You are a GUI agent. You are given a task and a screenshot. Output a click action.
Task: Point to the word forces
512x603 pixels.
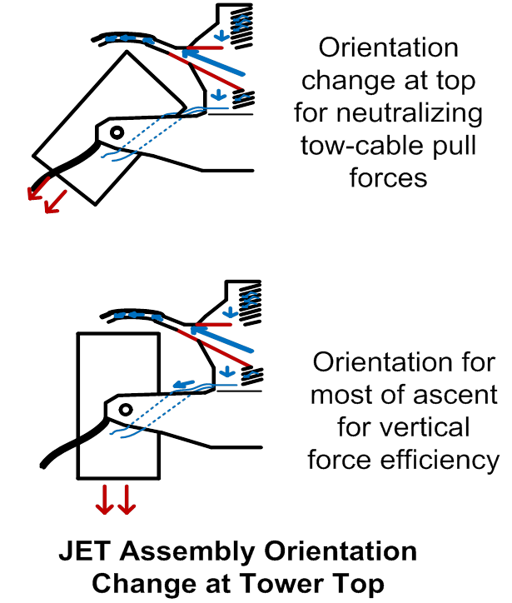tap(389, 177)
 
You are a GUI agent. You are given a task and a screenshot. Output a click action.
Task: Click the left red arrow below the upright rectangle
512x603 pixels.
tap(105, 499)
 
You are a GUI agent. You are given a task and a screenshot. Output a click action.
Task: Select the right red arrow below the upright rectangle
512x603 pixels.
tap(126, 499)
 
